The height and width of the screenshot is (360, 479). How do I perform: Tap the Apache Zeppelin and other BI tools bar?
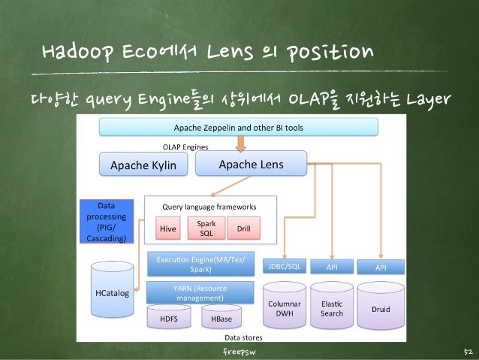(x=239, y=128)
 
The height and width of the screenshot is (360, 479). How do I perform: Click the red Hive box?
(x=167, y=227)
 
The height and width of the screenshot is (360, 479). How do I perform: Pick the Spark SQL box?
(x=206, y=227)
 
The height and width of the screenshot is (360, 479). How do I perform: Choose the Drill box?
(x=243, y=227)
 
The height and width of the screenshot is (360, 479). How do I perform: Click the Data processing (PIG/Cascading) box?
(x=106, y=221)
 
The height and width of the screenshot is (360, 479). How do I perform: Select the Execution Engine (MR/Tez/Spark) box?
(x=200, y=264)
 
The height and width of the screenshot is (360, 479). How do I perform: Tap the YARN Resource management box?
(x=200, y=292)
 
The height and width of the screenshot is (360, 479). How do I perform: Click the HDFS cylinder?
(x=168, y=319)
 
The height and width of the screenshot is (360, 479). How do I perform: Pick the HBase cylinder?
(x=221, y=319)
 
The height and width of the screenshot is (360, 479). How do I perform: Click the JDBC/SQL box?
(x=285, y=267)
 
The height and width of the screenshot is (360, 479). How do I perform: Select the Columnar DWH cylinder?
(x=285, y=306)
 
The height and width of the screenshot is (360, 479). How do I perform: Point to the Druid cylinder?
(x=381, y=307)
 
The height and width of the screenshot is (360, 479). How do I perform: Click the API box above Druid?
(x=381, y=267)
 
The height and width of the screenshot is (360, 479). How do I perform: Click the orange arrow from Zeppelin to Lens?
(x=239, y=143)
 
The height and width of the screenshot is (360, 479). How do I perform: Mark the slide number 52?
(x=466, y=352)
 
